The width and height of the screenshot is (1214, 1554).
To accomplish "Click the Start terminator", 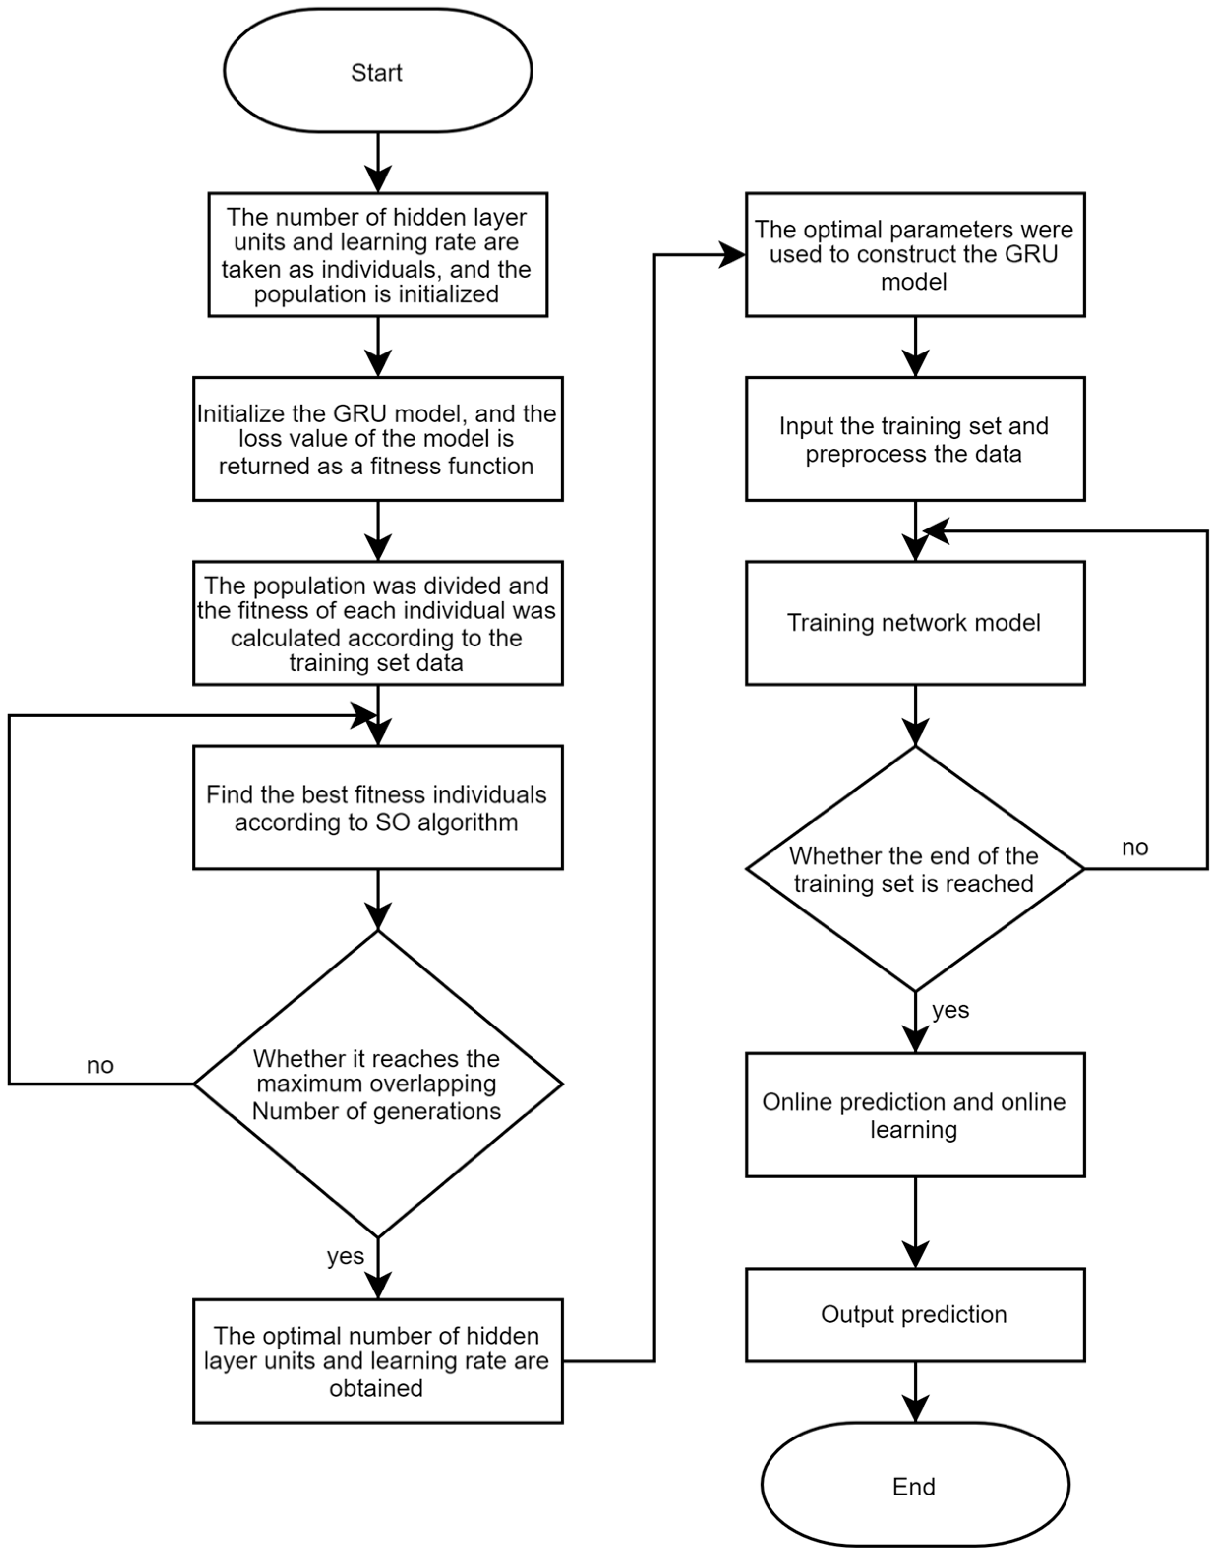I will click(x=377, y=71).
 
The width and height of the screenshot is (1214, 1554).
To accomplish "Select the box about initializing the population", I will click(x=377, y=255).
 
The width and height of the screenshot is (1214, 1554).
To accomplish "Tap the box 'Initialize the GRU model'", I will click(x=377, y=439).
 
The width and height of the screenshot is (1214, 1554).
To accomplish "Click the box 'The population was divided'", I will click(x=377, y=623).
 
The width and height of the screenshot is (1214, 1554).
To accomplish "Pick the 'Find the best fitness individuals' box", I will click(x=377, y=808).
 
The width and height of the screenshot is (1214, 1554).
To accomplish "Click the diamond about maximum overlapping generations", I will click(x=377, y=1085).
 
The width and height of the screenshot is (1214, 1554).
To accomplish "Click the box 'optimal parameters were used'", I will click(x=915, y=255).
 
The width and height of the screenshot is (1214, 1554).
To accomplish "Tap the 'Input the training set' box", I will click(x=915, y=439).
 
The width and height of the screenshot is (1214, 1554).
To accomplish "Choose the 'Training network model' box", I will click(x=915, y=623).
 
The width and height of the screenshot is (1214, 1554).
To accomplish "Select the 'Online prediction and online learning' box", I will click(x=915, y=1115).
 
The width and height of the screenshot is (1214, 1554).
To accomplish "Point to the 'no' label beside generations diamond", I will click(x=100, y=1065).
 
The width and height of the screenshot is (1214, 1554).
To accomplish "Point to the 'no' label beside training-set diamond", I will click(x=1135, y=848).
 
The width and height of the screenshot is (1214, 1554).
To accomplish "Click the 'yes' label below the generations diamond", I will click(x=345, y=1257).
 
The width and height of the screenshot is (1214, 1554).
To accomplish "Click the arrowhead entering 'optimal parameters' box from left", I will click(x=733, y=255).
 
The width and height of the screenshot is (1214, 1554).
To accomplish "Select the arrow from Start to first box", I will click(x=378, y=162).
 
